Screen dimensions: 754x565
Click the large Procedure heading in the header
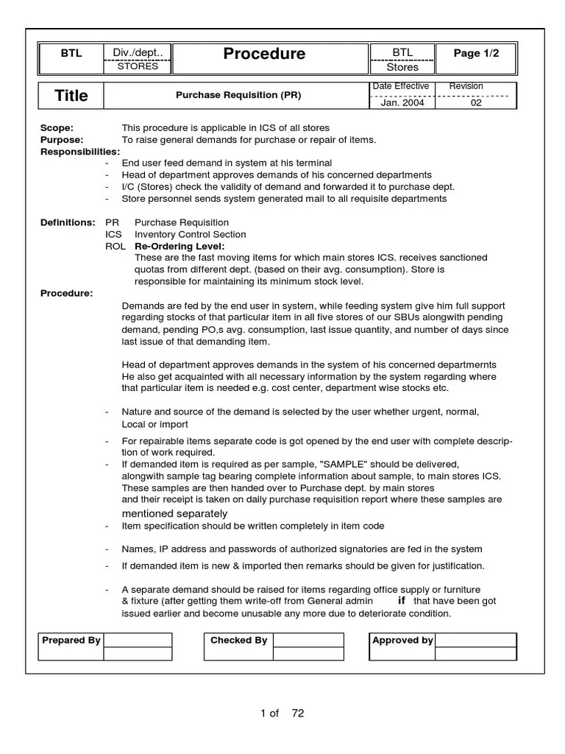pyautogui.click(x=264, y=54)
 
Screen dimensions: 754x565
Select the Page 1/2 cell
pyautogui.click(x=475, y=53)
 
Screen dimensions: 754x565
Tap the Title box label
pyautogui.click(x=71, y=96)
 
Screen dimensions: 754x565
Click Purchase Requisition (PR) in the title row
pyautogui.click(x=238, y=96)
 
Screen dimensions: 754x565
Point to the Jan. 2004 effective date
pyautogui.click(x=399, y=102)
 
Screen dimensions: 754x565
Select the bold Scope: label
pyautogui.click(x=57, y=128)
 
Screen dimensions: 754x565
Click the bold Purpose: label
pyautogui.click(x=62, y=140)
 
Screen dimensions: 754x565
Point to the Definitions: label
pyautogui.click(x=68, y=222)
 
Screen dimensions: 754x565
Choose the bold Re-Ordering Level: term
pyautogui.click(x=180, y=246)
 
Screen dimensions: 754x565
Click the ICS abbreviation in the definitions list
pyautogui.click(x=113, y=234)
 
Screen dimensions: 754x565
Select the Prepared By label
pyautogui.click(x=71, y=640)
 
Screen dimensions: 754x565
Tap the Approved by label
pyautogui.click(x=402, y=640)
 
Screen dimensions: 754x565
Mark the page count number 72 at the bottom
pyautogui.click(x=297, y=713)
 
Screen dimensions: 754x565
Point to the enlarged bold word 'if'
pyautogui.click(x=401, y=601)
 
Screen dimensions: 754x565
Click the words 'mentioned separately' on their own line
pyautogui.click(x=174, y=512)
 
